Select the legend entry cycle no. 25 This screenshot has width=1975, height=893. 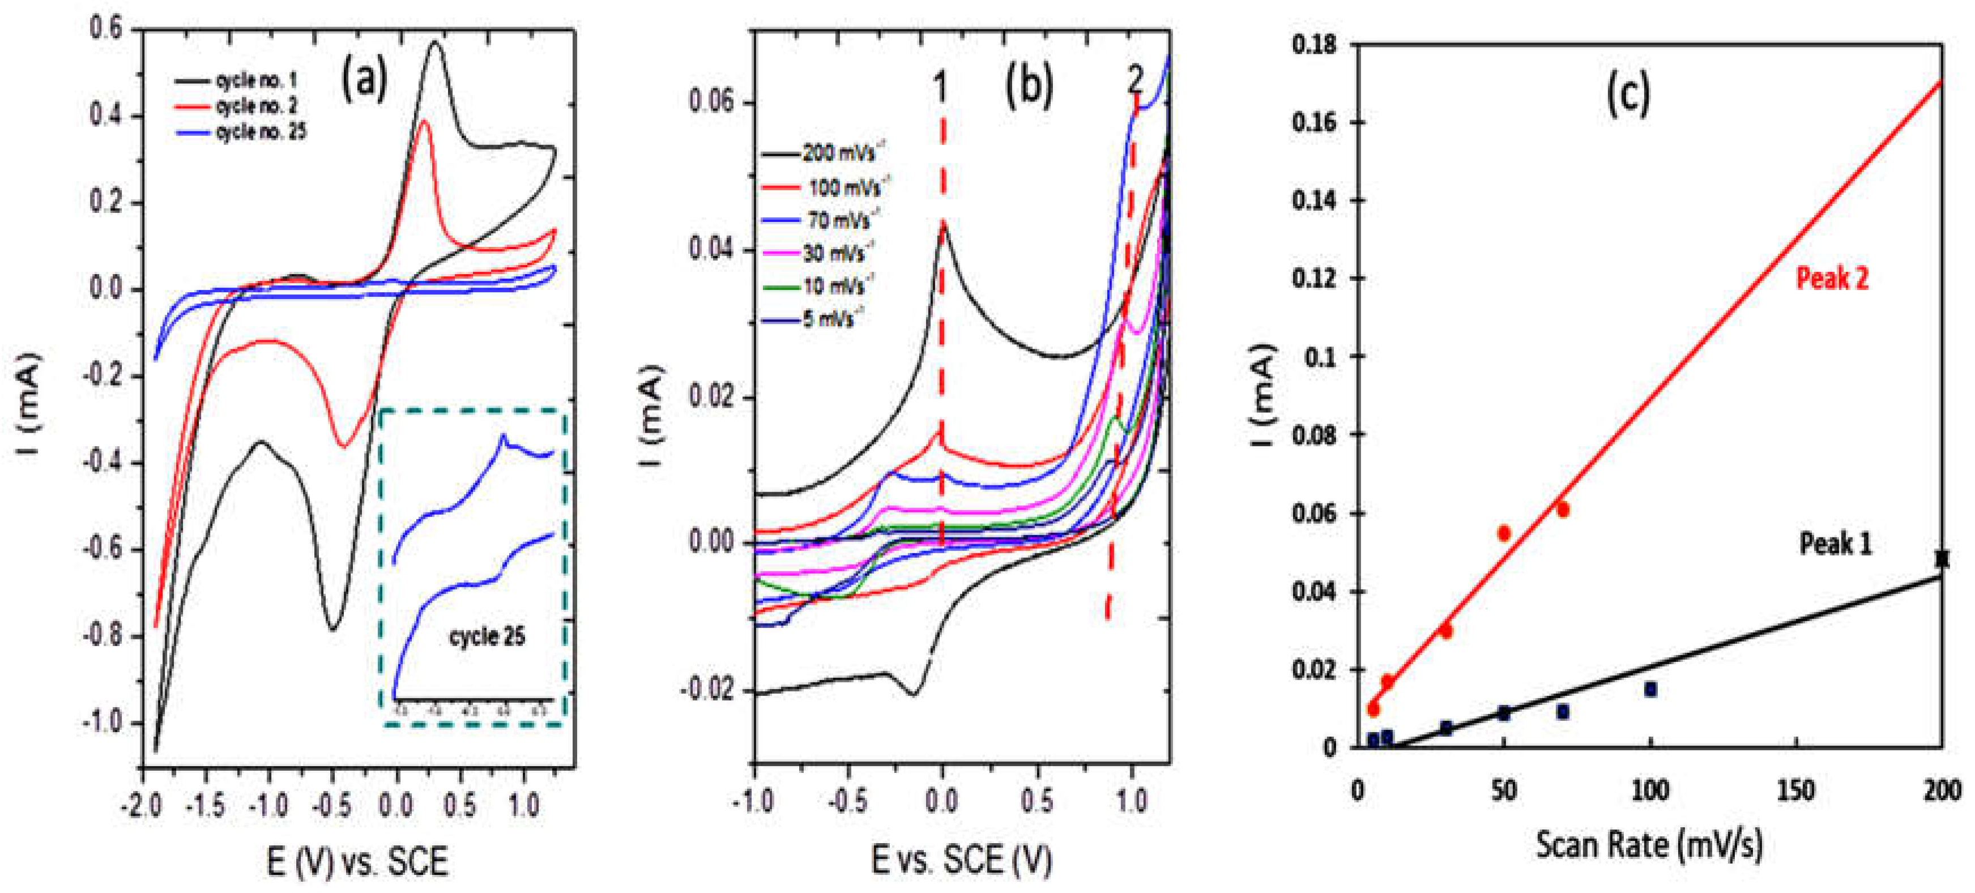pos(261,132)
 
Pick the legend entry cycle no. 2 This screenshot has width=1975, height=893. pos(257,106)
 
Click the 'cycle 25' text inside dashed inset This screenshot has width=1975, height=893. pos(487,636)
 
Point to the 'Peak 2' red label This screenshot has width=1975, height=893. pos(1832,278)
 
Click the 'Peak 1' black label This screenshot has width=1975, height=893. pos(1835,544)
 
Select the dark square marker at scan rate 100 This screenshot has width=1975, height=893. pos(1650,690)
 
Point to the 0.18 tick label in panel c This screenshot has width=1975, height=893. pos(1313,45)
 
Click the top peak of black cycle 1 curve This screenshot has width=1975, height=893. pos(436,43)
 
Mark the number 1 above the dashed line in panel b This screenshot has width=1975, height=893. pos(941,87)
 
